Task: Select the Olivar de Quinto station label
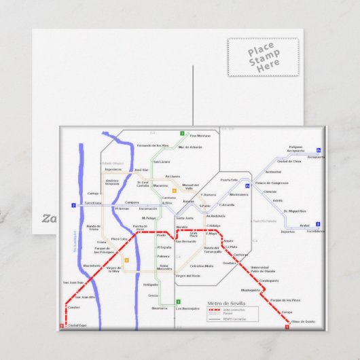coord(304,321)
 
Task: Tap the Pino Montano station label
coord(200,136)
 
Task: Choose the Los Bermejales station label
coord(186,308)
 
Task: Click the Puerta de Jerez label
coord(139,228)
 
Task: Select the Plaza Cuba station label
coord(120,238)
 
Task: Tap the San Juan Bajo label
coord(73,282)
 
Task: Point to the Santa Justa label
coord(185,217)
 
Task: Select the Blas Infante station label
coord(92,265)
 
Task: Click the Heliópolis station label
coord(151,284)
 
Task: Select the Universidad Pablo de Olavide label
coord(264,269)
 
